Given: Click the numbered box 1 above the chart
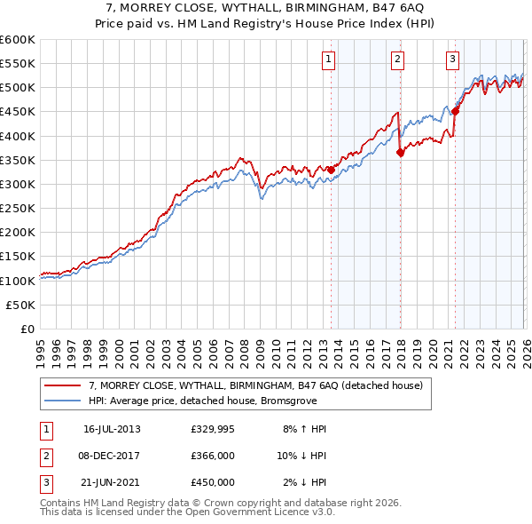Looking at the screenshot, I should (328, 60).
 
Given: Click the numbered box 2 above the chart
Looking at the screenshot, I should (397, 60).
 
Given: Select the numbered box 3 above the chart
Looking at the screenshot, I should (452, 60).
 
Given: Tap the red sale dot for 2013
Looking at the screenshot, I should (331, 170).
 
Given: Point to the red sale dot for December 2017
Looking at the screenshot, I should (400, 152).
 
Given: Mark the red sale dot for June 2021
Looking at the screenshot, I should (456, 111).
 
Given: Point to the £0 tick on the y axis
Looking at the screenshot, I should (27, 329).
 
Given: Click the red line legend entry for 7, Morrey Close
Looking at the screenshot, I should (256, 385).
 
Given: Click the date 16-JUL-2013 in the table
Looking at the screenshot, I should (112, 429).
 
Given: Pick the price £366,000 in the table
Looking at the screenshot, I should (212, 456).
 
